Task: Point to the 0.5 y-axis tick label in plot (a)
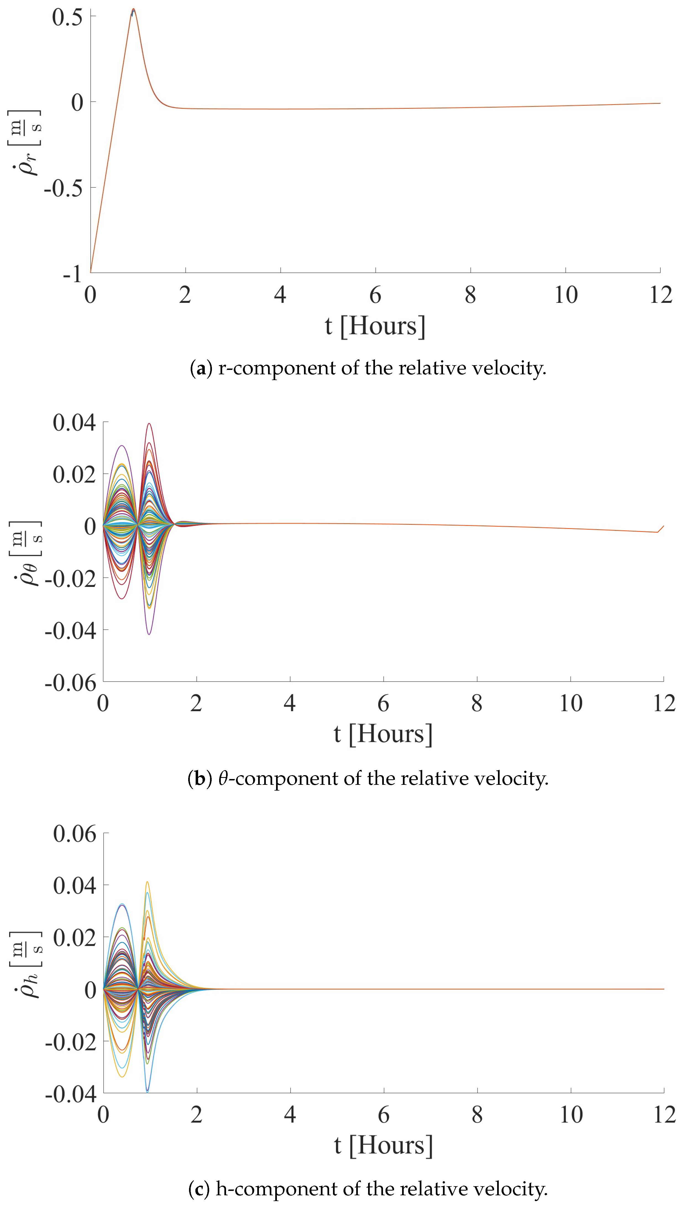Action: [x=67, y=17]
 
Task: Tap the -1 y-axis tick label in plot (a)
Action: [x=72, y=273]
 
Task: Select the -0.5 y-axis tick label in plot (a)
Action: [x=63, y=189]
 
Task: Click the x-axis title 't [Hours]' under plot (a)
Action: [x=375, y=326]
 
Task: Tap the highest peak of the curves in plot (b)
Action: [x=149, y=424]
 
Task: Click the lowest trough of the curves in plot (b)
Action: [x=149, y=634]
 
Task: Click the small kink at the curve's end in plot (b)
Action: [x=658, y=532]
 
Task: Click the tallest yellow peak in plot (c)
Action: [x=147, y=882]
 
